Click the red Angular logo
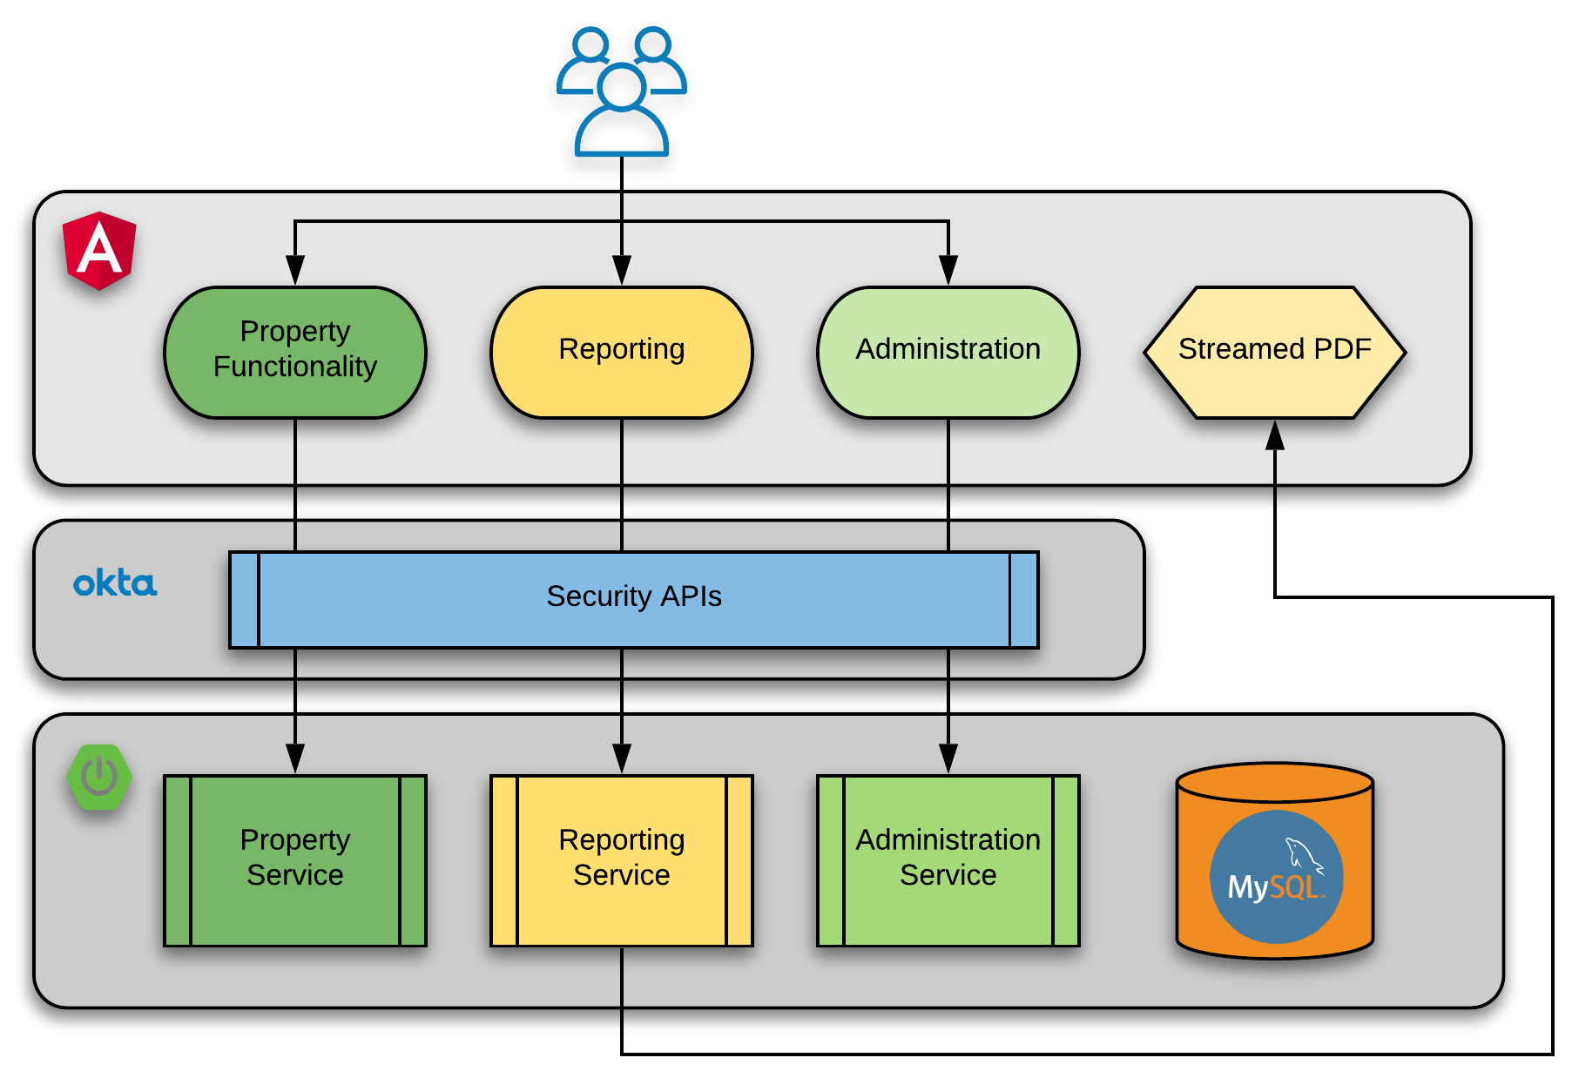99,250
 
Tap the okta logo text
115,583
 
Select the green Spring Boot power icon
100,776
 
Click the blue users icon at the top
622,91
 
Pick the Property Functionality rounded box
295,352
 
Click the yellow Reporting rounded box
622,352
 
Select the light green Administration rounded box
948,352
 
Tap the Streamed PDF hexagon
1274,352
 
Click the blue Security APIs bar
634,599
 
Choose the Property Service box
295,859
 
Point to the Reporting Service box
622,859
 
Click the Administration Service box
948,859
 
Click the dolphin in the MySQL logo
1304,854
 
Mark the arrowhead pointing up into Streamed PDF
1275,435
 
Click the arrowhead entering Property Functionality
295,269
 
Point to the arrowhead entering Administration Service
948,758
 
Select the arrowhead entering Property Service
295,758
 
